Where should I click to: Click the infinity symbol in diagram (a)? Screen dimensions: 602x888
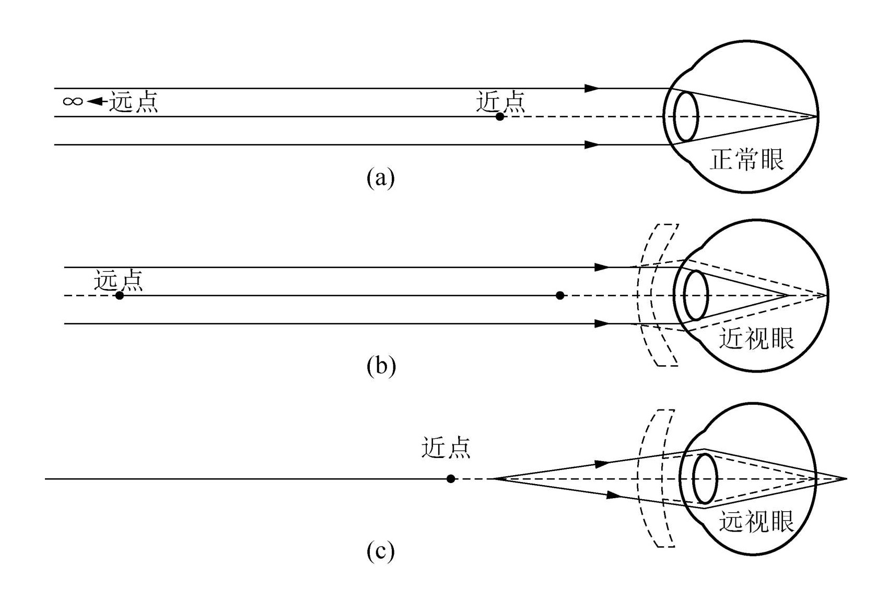click(x=73, y=101)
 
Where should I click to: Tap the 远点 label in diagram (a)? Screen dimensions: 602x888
click(x=133, y=102)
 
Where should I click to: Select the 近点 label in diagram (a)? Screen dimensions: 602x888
click(x=500, y=101)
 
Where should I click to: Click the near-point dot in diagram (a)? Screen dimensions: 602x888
click(x=500, y=117)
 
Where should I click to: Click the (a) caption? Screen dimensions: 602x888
click(x=380, y=178)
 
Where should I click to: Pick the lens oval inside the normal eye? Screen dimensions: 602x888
click(x=686, y=116)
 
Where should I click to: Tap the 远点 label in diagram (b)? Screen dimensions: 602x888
click(x=119, y=281)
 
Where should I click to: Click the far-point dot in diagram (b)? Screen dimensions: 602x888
click(x=120, y=296)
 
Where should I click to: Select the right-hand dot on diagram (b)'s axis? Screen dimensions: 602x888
click(x=560, y=296)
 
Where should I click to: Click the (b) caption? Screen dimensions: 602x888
click(x=381, y=366)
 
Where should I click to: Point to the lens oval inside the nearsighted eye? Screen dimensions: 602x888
click(x=696, y=295)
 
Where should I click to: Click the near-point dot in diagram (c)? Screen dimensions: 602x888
click(x=451, y=479)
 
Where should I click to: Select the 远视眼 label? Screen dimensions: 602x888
click(x=756, y=522)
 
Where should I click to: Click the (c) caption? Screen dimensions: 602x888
click(x=380, y=551)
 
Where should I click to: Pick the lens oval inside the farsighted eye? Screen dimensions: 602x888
click(x=705, y=478)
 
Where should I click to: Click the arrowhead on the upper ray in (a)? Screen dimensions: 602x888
click(x=592, y=89)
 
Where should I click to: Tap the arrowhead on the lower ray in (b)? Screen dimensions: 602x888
click(x=602, y=324)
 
